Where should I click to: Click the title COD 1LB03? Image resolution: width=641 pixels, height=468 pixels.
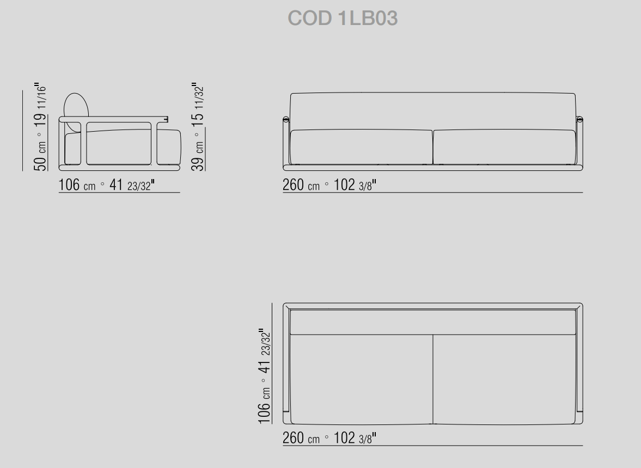click(x=343, y=19)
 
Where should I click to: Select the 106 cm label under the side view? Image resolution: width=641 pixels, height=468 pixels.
click(x=77, y=184)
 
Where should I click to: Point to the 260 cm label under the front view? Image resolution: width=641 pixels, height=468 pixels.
click(x=301, y=184)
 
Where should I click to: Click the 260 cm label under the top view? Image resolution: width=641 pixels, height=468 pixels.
click(x=301, y=438)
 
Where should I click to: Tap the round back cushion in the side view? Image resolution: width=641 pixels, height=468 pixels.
click(x=76, y=113)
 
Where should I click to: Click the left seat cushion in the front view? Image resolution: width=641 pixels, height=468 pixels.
click(x=361, y=147)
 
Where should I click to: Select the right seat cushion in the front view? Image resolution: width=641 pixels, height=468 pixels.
click(x=504, y=147)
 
